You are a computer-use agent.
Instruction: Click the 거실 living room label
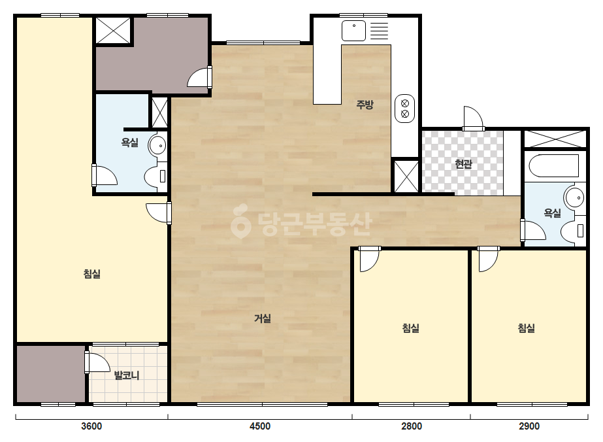pyautogui.click(x=263, y=318)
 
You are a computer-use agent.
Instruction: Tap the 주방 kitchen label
pyautogui.click(x=365, y=105)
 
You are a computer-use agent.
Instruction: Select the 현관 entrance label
pyautogui.click(x=463, y=164)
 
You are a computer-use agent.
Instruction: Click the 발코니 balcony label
pyautogui.click(x=127, y=375)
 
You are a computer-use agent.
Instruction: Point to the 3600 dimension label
pyautogui.click(x=91, y=426)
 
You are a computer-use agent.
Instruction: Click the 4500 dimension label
pyautogui.click(x=260, y=426)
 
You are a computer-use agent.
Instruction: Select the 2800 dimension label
pyautogui.click(x=412, y=426)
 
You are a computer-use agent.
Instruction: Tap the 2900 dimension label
pyautogui.click(x=529, y=426)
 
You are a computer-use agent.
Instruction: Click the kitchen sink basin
pyautogui.click(x=354, y=31)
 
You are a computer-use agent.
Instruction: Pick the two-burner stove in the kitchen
pyautogui.click(x=404, y=109)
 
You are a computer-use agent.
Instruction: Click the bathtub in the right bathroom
pyautogui.click(x=554, y=166)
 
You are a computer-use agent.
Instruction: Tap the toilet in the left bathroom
pyautogui.click(x=155, y=177)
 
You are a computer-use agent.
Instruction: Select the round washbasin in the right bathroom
pyautogui.click(x=574, y=198)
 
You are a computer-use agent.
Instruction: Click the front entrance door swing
pyautogui.click(x=473, y=118)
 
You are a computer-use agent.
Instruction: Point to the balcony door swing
pyautogui.click(x=97, y=363)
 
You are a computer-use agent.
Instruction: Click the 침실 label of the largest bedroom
pyautogui.click(x=92, y=274)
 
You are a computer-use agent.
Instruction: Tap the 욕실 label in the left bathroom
pyautogui.click(x=129, y=143)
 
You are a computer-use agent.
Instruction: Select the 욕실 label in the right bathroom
pyautogui.click(x=552, y=213)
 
